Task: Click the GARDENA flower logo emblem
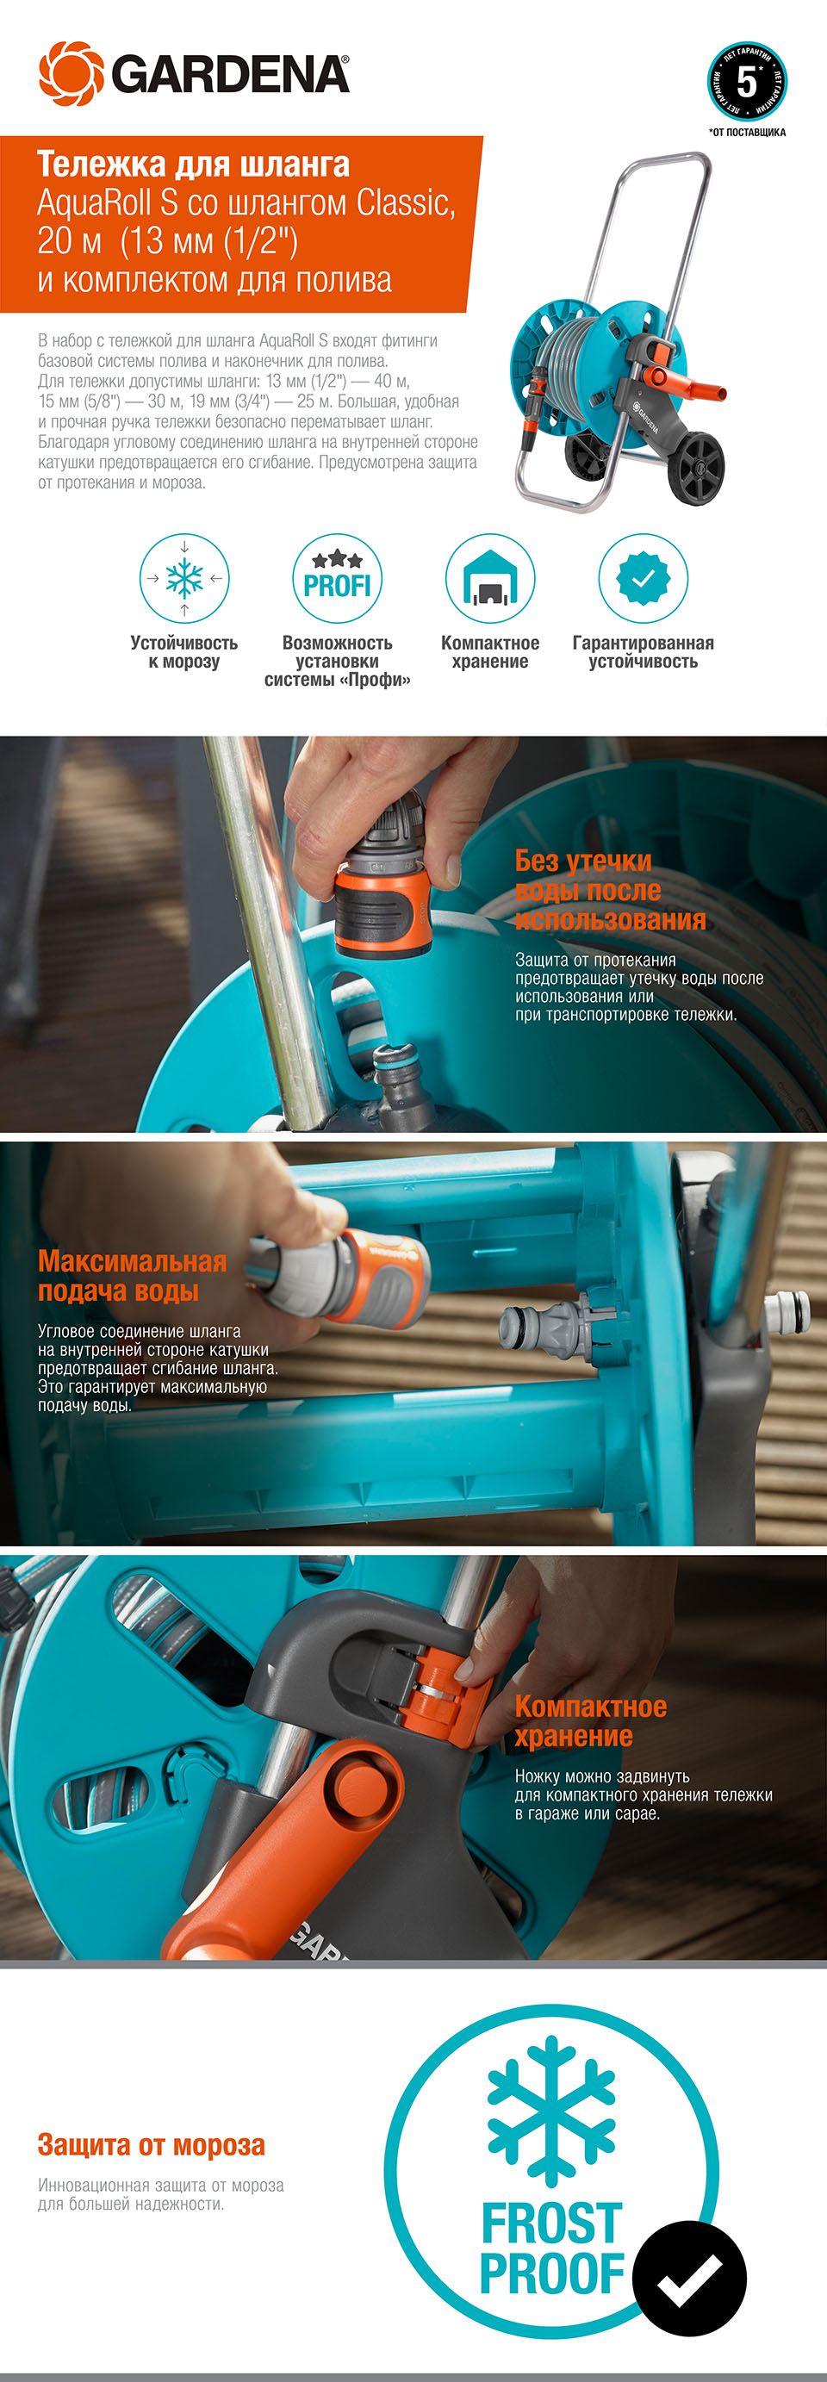click(72, 73)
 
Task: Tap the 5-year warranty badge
click(747, 81)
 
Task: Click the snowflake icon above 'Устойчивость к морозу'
click(184, 578)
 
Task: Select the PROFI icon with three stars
click(337, 578)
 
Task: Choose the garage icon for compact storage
click(490, 578)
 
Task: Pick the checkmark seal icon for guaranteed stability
click(643, 578)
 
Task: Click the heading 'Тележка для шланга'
click(193, 164)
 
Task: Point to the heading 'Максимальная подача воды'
click(133, 1275)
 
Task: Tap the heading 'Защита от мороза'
click(152, 2144)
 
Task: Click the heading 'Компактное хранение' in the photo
click(590, 1721)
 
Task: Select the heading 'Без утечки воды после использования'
click(610, 890)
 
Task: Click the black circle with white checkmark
click(690, 2278)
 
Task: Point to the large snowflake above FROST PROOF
click(551, 2111)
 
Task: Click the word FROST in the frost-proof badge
click(551, 2223)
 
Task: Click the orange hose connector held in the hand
click(382, 911)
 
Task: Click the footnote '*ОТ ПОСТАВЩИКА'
click(748, 132)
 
